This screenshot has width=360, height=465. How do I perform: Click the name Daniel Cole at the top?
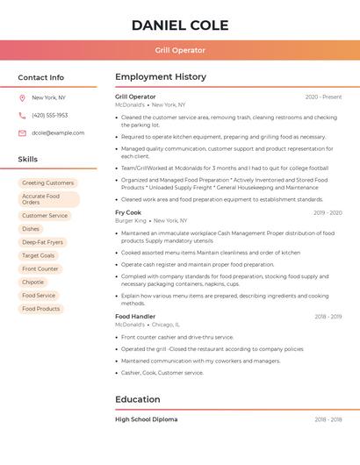click(180, 25)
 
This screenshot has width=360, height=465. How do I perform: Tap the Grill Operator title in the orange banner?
click(180, 51)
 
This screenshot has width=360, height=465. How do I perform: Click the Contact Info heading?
click(41, 77)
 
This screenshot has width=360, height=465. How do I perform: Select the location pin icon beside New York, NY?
click(22, 98)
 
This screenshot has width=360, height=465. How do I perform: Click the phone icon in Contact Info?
click(22, 116)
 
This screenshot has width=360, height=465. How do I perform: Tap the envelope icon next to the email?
click(22, 133)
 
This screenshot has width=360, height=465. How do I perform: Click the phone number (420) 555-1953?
click(50, 116)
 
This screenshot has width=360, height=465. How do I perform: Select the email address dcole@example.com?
click(58, 133)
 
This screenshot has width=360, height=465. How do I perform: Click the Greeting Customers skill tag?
click(47, 183)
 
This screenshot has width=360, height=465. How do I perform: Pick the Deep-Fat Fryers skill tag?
click(42, 242)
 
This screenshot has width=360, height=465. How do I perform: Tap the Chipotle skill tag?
click(33, 283)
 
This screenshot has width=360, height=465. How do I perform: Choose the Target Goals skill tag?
click(38, 255)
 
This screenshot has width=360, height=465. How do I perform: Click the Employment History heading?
click(161, 77)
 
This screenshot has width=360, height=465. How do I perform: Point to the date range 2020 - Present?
click(324, 97)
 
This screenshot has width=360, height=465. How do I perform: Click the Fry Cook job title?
click(128, 213)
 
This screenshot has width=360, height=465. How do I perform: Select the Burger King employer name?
click(131, 221)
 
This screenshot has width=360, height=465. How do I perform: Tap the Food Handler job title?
click(135, 317)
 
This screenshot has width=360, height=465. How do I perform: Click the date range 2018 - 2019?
click(328, 317)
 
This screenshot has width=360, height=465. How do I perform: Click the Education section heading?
click(137, 400)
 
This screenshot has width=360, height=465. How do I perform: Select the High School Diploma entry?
click(146, 419)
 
